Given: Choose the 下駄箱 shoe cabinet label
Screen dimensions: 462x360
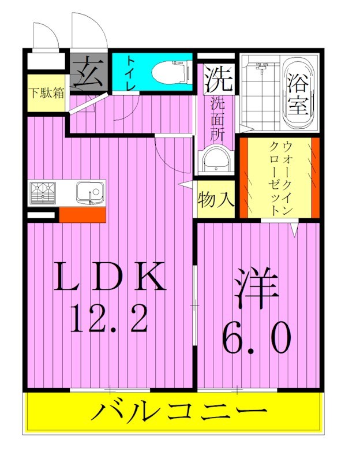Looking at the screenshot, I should (x=47, y=92).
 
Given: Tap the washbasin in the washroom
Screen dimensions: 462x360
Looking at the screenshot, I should (x=216, y=158).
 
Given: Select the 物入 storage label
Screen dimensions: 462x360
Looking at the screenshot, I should (x=216, y=200).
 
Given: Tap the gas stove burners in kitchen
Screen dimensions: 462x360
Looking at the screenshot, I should (x=42, y=193).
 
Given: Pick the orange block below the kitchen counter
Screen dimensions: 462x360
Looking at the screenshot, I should (x=82, y=215).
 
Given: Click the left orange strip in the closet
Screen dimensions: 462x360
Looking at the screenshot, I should (x=245, y=177).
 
